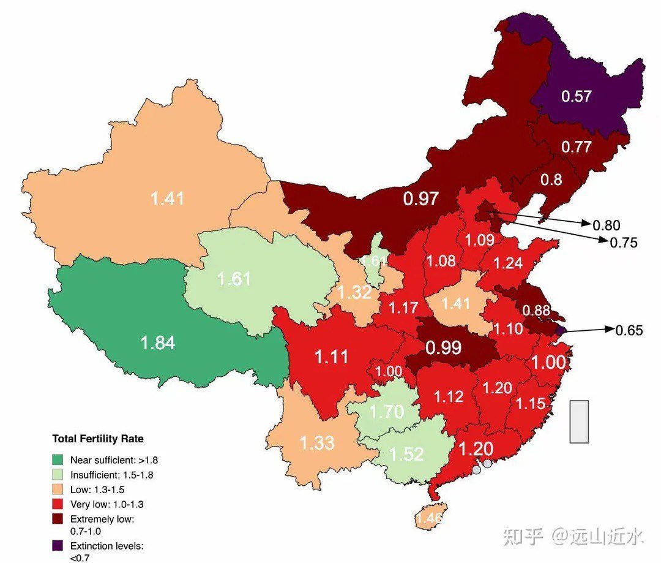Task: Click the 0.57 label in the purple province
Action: click(x=577, y=96)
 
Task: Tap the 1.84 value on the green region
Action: click(x=158, y=342)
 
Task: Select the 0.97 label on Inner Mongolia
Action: click(x=421, y=198)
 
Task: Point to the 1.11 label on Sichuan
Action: click(x=331, y=357)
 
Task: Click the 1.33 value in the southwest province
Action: click(x=316, y=442)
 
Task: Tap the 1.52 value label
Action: click(x=406, y=453)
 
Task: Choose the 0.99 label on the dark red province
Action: click(x=443, y=348)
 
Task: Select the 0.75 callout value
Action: click(x=624, y=243)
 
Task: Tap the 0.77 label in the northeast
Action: click(x=577, y=147)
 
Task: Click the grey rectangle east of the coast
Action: click(x=579, y=421)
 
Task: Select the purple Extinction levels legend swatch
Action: click(x=58, y=545)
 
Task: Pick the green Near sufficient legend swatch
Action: click(x=58, y=459)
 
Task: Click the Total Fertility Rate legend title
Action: click(x=98, y=439)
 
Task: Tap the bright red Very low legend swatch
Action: click(x=58, y=504)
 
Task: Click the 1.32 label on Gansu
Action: click(x=355, y=292)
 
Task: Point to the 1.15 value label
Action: click(x=530, y=404)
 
